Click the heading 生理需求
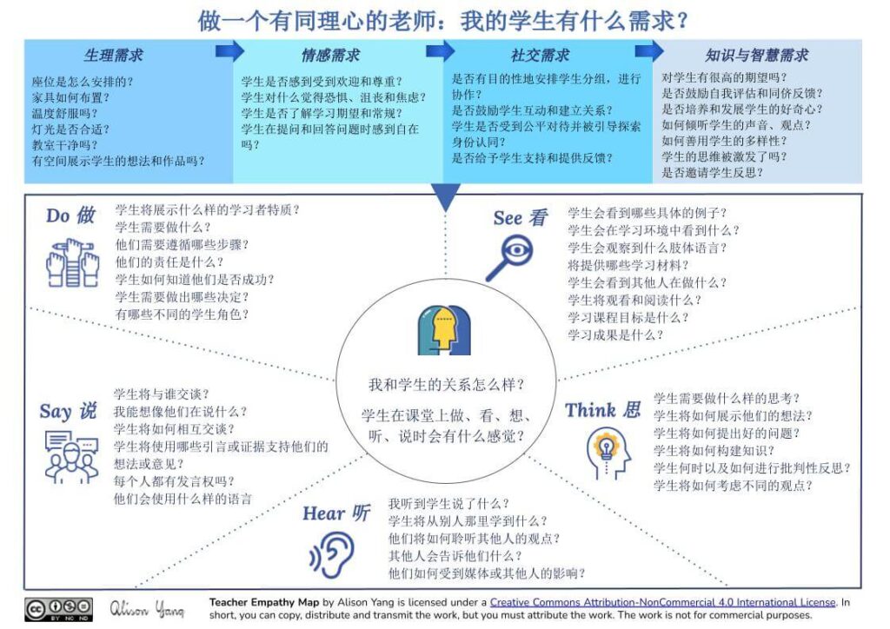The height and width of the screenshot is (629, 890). tap(113, 56)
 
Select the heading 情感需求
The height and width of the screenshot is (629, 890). tap(330, 56)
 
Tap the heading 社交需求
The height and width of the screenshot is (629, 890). tap(540, 56)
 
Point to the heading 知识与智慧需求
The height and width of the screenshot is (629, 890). tap(756, 56)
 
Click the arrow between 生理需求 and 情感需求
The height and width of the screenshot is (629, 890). tap(229, 52)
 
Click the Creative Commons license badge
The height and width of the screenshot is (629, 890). tap(59, 607)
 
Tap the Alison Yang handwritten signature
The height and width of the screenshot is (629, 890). tap(147, 608)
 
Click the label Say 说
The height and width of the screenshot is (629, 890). tap(68, 411)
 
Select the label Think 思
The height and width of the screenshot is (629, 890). tap(603, 409)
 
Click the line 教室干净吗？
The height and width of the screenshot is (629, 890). tap(65, 145)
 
